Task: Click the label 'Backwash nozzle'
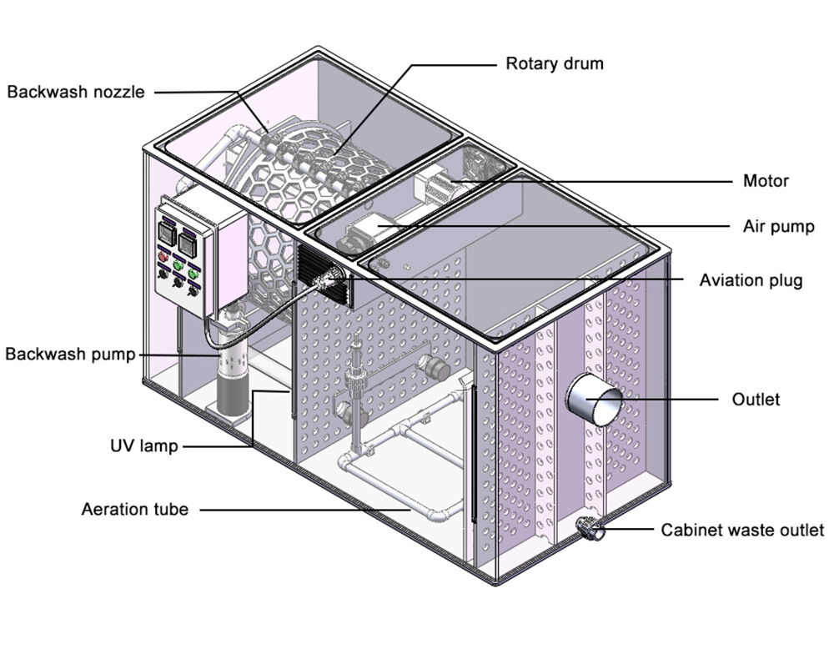76,92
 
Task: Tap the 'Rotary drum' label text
555,63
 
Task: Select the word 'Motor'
766,181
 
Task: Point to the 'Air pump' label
779,227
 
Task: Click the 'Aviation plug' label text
751,280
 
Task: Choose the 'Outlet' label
756,400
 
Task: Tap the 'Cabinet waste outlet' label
742,530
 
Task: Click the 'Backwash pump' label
70,355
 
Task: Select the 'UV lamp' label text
144,446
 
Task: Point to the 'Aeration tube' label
135,509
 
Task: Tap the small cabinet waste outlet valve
590,529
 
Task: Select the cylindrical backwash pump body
234,384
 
